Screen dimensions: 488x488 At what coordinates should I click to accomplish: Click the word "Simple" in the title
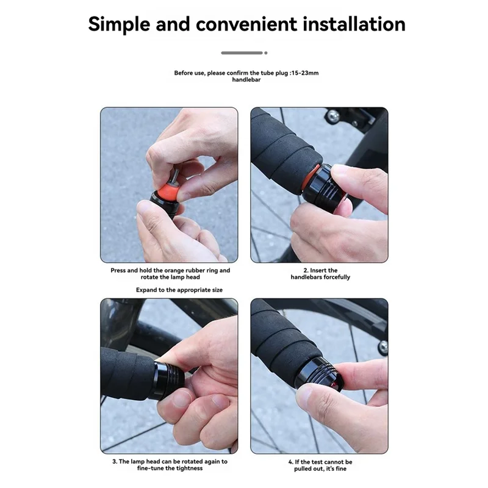click(x=119, y=25)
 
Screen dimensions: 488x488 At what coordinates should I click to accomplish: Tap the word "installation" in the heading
click(x=354, y=24)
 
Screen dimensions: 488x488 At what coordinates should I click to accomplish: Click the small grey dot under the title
click(x=266, y=53)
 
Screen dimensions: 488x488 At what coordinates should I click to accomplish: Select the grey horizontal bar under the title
click(x=242, y=53)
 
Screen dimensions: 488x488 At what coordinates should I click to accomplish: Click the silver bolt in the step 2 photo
click(x=332, y=117)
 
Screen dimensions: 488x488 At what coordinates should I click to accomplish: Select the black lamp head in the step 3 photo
click(x=168, y=381)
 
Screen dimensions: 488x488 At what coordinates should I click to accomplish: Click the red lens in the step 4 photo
click(x=334, y=386)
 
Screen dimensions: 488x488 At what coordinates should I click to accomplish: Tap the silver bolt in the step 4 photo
click(x=384, y=347)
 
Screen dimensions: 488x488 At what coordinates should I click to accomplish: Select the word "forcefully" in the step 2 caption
click(x=337, y=277)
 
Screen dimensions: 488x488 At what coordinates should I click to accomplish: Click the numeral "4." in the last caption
click(x=291, y=462)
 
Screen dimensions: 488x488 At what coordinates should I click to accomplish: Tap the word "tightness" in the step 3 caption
click(x=190, y=468)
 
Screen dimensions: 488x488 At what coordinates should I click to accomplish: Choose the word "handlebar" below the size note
click(x=246, y=80)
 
